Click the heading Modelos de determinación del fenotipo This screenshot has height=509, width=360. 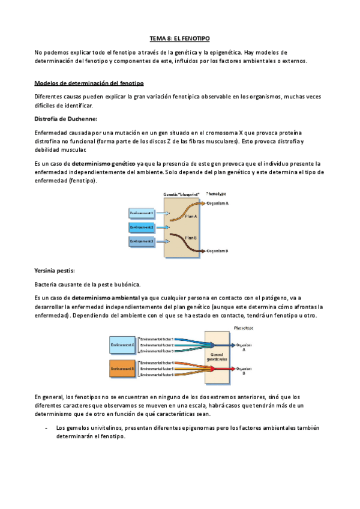click(x=88, y=82)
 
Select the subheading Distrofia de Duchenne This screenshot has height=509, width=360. click(x=65, y=118)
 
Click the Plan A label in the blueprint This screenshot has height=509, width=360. click(x=191, y=216)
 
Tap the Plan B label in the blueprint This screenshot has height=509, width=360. click(x=191, y=238)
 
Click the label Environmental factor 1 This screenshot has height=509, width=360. click(x=157, y=339)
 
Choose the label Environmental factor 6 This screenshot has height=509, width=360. click(x=157, y=375)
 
